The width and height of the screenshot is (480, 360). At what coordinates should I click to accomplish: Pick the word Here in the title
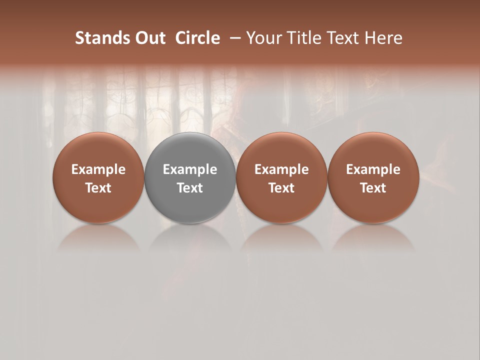click(384, 38)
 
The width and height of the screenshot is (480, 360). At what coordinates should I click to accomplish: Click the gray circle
click(190, 177)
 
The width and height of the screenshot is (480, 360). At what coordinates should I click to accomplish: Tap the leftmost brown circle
click(98, 177)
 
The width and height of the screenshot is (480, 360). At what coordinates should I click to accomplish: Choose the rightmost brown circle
click(373, 177)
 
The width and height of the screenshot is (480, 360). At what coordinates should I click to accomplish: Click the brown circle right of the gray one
click(281, 177)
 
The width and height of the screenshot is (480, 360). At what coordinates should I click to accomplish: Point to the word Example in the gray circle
click(190, 169)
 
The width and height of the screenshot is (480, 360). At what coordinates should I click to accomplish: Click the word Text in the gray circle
click(190, 188)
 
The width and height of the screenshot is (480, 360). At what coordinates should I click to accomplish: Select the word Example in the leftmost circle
click(98, 169)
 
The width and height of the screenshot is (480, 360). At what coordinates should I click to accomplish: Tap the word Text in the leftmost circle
click(98, 188)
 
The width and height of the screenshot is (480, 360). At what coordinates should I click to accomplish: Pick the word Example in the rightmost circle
click(373, 169)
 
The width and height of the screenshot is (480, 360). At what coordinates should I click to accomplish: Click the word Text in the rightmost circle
click(373, 188)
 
